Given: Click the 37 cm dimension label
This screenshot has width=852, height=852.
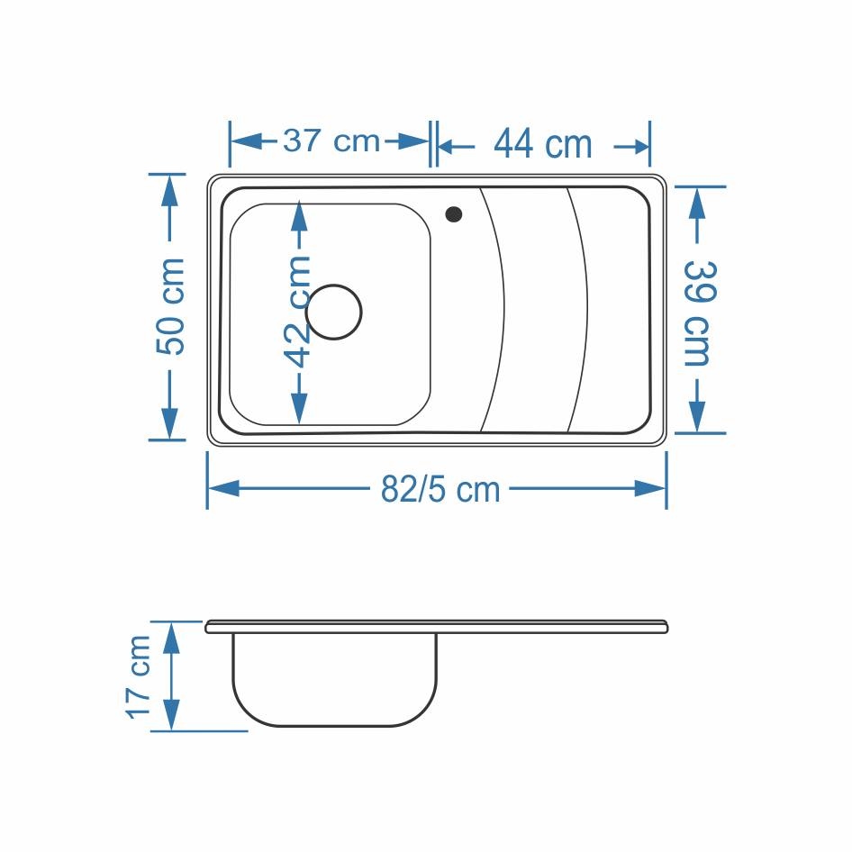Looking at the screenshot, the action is click(331, 141).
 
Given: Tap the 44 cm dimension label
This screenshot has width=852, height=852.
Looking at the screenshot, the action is click(543, 144).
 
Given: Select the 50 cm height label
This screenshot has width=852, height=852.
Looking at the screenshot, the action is click(171, 306).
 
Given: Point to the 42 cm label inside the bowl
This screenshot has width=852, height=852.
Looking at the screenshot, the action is click(298, 312).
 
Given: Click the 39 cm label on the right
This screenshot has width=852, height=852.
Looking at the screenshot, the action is click(698, 313).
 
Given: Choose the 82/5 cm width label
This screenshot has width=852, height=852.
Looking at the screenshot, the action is click(440, 489).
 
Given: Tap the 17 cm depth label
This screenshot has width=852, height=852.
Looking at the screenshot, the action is click(138, 676).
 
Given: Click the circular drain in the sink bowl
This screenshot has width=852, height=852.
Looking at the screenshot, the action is click(333, 312).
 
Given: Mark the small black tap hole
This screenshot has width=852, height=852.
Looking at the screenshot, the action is click(454, 214).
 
